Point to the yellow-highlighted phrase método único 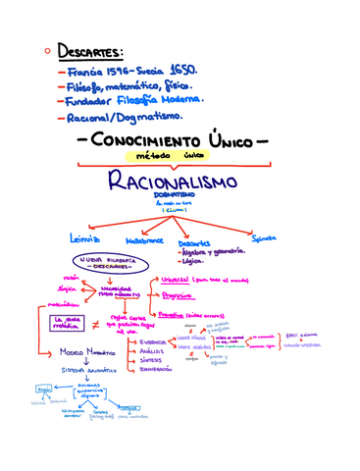[x=180, y=155]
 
